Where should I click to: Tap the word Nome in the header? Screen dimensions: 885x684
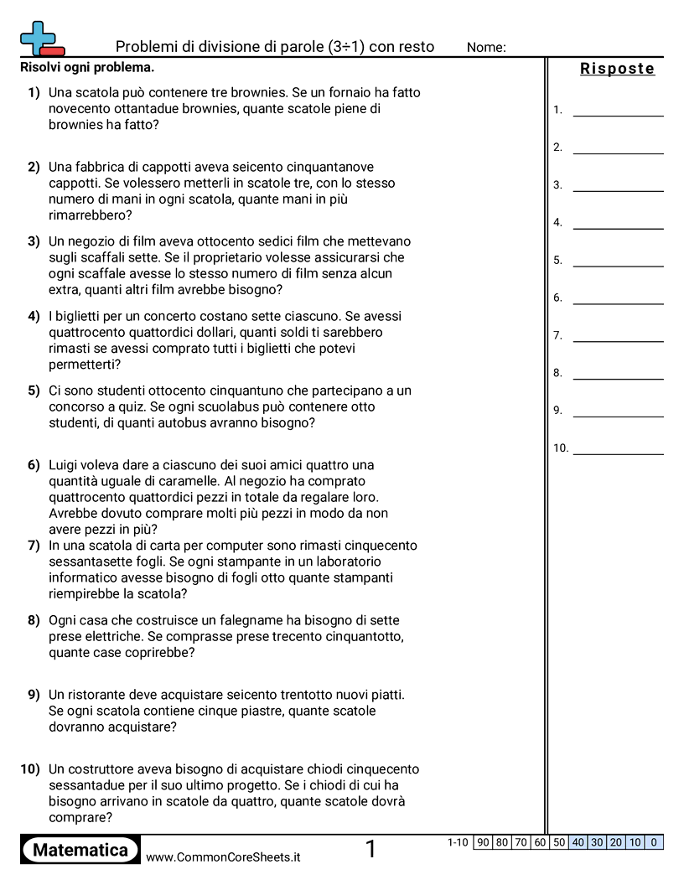coord(486,48)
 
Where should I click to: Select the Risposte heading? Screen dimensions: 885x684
coord(617,69)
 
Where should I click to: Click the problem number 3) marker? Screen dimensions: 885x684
coord(34,241)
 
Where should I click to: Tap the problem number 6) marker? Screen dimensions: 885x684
coord(34,465)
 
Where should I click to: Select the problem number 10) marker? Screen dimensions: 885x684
coord(30,769)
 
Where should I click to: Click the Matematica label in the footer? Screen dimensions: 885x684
coord(80,850)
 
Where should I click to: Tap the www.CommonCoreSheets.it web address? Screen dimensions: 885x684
coord(223,857)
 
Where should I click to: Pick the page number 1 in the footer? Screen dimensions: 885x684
coord(370,850)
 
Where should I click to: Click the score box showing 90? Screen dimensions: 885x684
coord(483,842)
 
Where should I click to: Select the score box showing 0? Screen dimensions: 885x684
coord(654,842)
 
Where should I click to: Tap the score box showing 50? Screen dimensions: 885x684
coord(559,842)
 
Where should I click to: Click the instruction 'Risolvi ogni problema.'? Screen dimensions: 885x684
coord(87,67)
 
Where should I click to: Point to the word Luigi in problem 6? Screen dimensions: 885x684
coord(66,465)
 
